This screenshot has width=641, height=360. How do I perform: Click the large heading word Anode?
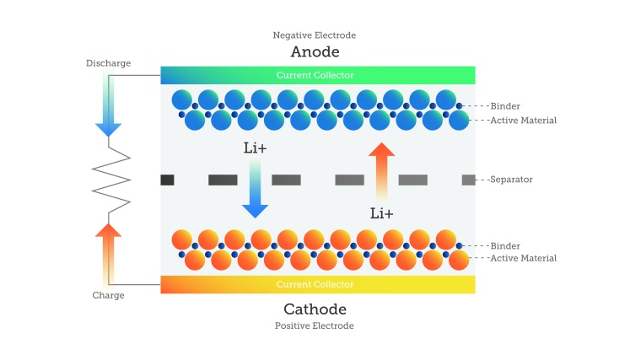click(x=315, y=51)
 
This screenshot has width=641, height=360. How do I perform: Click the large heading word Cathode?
click(x=315, y=309)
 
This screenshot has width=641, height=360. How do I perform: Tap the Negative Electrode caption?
click(x=315, y=35)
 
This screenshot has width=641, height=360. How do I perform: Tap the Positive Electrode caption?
click(x=315, y=325)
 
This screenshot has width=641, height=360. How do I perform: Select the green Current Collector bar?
click(x=318, y=75)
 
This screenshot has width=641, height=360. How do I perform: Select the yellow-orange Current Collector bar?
click(x=318, y=284)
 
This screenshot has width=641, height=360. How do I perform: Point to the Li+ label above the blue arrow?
click(x=256, y=148)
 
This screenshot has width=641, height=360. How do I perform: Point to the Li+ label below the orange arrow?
click(x=382, y=213)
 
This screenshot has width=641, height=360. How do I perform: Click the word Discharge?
click(x=108, y=63)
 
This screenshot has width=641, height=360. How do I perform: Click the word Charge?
click(x=108, y=295)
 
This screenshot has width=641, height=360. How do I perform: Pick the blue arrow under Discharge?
click(x=108, y=105)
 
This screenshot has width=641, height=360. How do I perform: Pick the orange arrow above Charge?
click(x=108, y=253)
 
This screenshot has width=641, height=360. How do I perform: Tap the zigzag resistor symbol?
click(x=110, y=179)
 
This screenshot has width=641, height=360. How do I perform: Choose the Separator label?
click(x=511, y=180)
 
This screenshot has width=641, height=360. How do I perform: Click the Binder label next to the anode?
click(x=504, y=106)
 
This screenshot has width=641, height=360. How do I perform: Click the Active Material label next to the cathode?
click(x=523, y=258)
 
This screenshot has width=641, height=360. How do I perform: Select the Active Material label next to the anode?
click(x=523, y=121)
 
